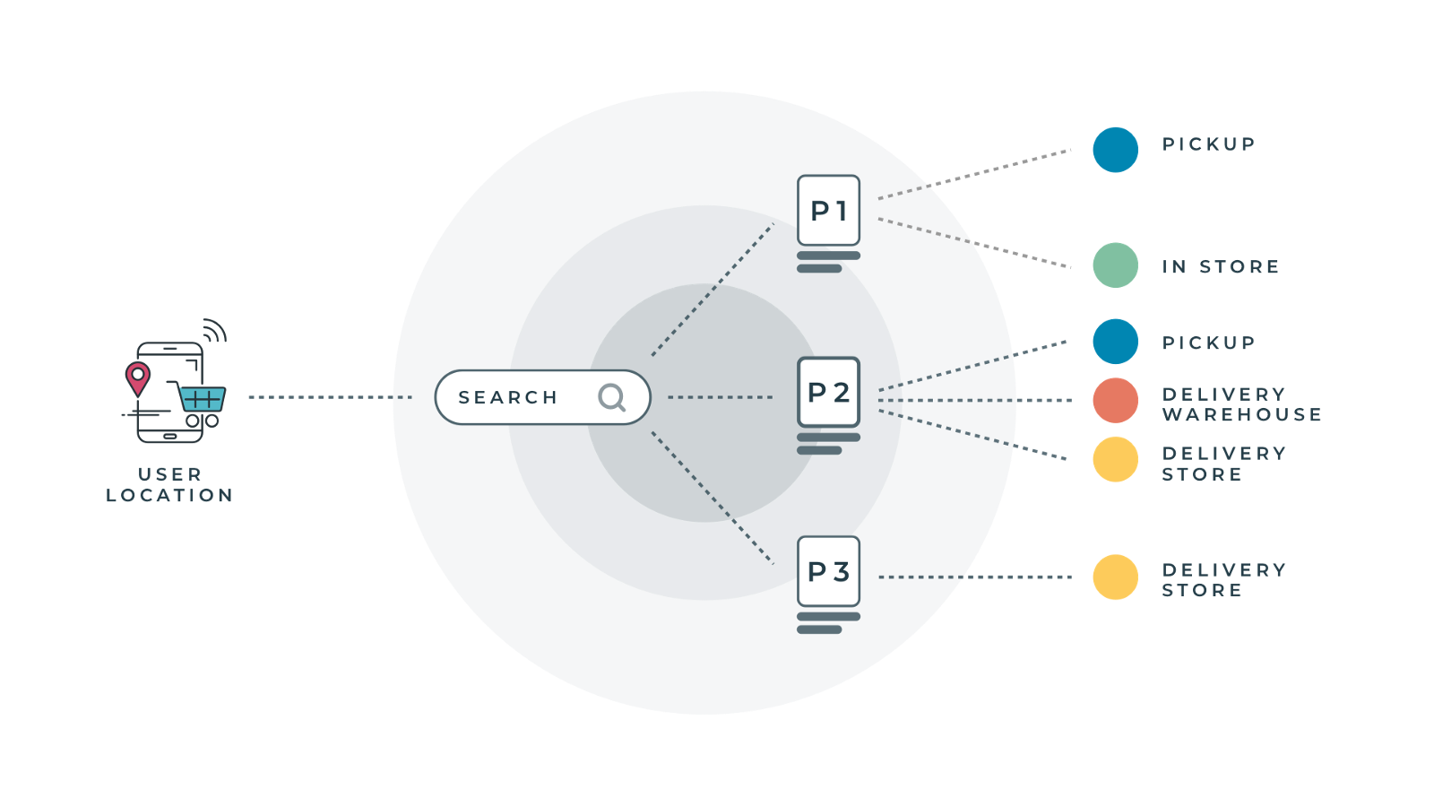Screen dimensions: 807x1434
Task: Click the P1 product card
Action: click(x=828, y=211)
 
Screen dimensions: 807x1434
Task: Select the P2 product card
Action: click(x=828, y=392)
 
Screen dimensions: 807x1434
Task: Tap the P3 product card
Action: click(x=828, y=571)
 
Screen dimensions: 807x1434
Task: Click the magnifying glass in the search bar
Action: click(x=612, y=396)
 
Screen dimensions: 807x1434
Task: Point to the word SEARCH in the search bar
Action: click(x=507, y=397)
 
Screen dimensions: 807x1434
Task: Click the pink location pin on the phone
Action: click(x=138, y=377)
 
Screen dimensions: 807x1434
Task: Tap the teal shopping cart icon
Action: click(x=203, y=399)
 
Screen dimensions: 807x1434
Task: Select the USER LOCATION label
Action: click(x=169, y=484)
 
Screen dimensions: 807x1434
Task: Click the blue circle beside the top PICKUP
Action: click(x=1115, y=150)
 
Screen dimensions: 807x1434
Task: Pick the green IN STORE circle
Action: click(x=1115, y=265)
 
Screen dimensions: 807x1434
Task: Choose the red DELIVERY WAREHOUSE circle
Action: click(x=1115, y=400)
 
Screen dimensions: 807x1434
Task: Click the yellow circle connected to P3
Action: click(x=1115, y=577)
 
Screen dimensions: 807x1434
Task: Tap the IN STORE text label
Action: click(x=1220, y=266)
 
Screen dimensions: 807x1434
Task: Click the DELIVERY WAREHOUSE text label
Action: click(x=1241, y=404)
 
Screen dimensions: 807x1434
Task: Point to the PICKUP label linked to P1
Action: click(x=1208, y=144)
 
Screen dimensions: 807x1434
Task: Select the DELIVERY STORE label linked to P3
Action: click(x=1223, y=580)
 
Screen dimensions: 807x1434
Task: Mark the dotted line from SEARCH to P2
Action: click(x=720, y=397)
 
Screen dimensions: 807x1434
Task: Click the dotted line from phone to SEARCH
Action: click(x=330, y=397)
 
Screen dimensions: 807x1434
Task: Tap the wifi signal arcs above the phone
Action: click(x=215, y=330)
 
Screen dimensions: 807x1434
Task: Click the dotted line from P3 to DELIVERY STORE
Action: click(x=974, y=577)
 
